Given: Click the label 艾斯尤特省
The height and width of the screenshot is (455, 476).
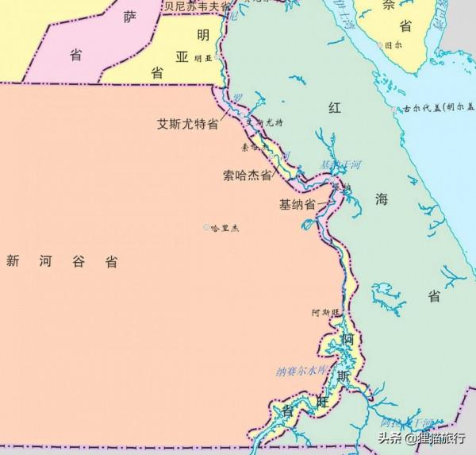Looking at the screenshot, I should point(187,125).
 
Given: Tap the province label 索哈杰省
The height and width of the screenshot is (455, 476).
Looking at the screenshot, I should point(248,175).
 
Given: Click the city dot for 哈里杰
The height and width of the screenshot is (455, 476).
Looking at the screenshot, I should point(208,228).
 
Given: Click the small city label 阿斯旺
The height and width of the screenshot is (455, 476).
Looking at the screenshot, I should point(326,313).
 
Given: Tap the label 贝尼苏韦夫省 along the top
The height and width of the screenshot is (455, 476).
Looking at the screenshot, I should point(196,6).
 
